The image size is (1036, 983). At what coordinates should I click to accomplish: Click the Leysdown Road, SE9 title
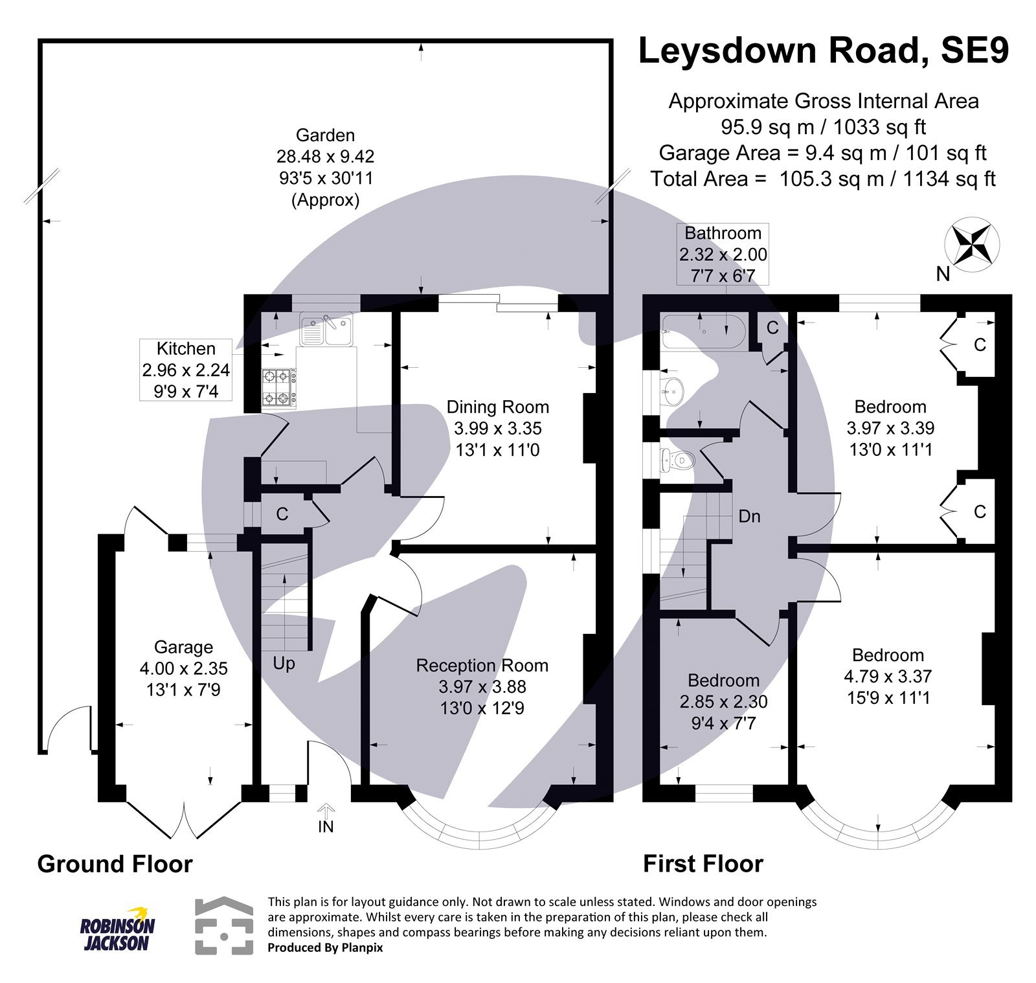pyautogui.click(x=823, y=51)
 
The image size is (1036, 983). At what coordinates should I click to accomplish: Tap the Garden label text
pyautogui.click(x=325, y=135)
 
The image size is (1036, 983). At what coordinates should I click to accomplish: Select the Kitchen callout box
pyautogui.click(x=186, y=370)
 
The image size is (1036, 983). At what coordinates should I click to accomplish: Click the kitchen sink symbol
pyautogui.click(x=326, y=329)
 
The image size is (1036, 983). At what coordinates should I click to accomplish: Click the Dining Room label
pyautogui.click(x=497, y=407)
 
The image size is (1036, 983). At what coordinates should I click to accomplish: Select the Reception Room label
pyautogui.click(x=482, y=665)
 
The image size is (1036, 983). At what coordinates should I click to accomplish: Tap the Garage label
pyautogui.click(x=183, y=647)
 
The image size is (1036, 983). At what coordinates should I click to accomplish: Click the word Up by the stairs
pyautogui.click(x=284, y=663)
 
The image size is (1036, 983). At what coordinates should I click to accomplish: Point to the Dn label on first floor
pyautogui.click(x=749, y=516)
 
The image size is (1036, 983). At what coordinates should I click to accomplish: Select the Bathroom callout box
pyautogui.click(x=723, y=254)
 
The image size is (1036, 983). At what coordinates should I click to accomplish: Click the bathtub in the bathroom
pyautogui.click(x=703, y=331)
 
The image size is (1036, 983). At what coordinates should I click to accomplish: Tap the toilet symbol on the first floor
pyautogui.click(x=677, y=460)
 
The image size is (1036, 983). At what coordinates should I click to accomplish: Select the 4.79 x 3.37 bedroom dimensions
pyautogui.click(x=887, y=676)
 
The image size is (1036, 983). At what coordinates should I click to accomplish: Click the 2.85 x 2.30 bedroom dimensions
pyautogui.click(x=723, y=701)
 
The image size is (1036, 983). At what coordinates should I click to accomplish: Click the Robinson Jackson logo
pyautogui.click(x=117, y=929)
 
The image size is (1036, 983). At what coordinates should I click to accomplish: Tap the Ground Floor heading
pyautogui.click(x=115, y=864)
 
